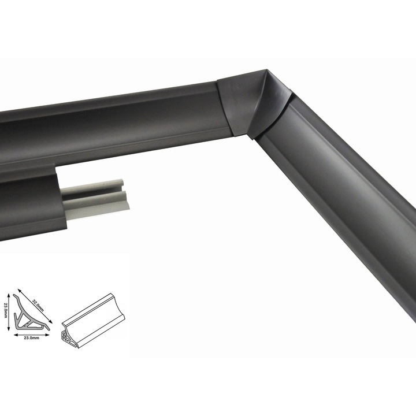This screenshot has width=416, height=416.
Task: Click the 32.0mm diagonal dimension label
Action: pyautogui.click(x=38, y=306)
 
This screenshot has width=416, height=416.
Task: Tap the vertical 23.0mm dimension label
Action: pyautogui.click(x=5, y=310)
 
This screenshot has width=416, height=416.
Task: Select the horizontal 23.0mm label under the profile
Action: pyautogui.click(x=32, y=338)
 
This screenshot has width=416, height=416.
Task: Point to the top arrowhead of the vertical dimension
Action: pyautogui.click(x=9, y=295)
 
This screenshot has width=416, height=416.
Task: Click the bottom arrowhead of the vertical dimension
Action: pyautogui.click(x=9, y=329)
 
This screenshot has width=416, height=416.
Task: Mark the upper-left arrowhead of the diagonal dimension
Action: pyautogui.click(x=19, y=291)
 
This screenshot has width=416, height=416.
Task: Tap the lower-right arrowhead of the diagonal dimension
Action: pyautogui.click(x=51, y=322)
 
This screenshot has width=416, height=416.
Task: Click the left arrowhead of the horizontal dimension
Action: pyautogui.click(x=16, y=335)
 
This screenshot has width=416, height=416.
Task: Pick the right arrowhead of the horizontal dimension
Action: pyautogui.click(x=47, y=335)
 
